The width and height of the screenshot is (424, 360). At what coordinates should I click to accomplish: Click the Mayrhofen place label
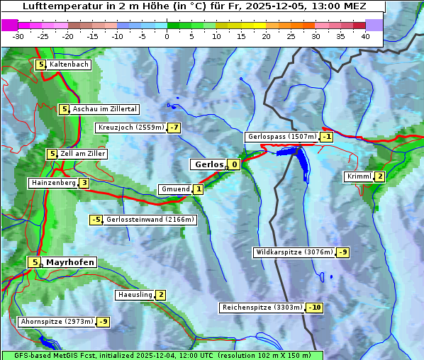(69, 262)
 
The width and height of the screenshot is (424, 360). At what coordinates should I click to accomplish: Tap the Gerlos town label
(208, 164)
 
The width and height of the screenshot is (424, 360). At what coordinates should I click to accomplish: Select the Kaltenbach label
(69, 64)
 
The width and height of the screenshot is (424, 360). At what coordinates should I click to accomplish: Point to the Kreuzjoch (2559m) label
(130, 128)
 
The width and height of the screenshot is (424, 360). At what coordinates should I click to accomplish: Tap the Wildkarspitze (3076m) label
(294, 252)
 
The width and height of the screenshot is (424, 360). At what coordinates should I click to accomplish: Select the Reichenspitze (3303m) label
(262, 308)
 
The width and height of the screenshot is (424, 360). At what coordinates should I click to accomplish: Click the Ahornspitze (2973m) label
(57, 322)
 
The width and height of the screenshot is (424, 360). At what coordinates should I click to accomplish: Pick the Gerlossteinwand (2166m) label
(150, 220)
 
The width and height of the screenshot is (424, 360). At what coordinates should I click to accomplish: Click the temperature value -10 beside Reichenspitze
(315, 308)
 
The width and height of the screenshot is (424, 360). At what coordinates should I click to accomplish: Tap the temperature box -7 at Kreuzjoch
(174, 128)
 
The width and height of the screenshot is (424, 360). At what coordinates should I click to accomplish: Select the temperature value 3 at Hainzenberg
(84, 183)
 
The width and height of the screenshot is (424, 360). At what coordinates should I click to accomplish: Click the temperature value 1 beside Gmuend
(199, 189)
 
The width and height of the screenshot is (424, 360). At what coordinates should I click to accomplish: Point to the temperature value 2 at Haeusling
(161, 295)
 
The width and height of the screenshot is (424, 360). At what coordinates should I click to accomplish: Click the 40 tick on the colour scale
(365, 36)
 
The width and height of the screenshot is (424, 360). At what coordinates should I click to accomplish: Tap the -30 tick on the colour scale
(18, 36)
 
